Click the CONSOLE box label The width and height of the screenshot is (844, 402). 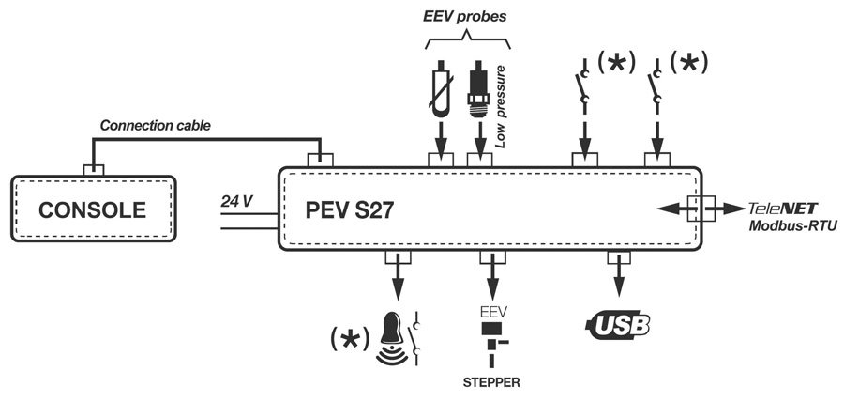[94, 209]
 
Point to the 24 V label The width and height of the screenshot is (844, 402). [237, 200]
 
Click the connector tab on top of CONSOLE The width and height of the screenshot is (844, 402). [94, 169]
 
